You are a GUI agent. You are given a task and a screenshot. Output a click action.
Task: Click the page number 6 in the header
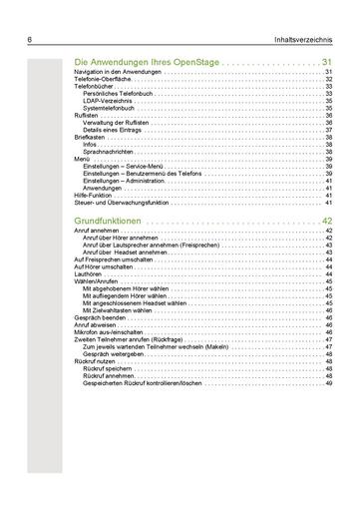click(30, 40)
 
